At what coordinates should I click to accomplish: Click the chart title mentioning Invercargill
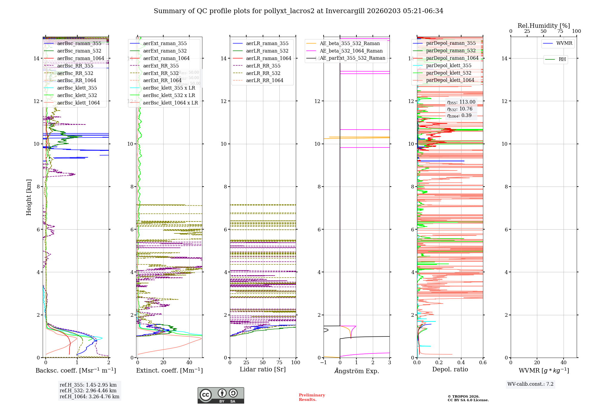click(298, 11)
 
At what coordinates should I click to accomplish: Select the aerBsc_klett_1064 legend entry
click(78, 103)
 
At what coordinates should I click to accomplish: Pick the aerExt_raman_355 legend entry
click(165, 44)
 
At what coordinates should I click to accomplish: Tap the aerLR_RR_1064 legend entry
click(264, 81)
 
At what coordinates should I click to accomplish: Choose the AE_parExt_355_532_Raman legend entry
click(352, 58)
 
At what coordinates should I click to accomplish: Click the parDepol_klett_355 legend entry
click(449, 66)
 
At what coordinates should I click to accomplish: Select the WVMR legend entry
click(564, 43)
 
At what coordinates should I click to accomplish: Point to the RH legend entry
click(562, 59)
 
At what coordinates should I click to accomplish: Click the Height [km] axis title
click(29, 197)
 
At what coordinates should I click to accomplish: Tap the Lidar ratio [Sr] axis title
click(263, 369)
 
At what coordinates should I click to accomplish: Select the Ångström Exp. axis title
click(356, 371)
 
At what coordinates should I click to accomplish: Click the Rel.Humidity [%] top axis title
click(544, 26)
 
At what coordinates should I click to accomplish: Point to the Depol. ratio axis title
click(450, 369)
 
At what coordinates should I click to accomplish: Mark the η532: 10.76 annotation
click(460, 109)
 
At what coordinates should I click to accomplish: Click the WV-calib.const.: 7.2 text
click(530, 384)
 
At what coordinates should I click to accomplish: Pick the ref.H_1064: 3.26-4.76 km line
click(89, 397)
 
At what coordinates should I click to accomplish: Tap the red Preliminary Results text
click(312, 397)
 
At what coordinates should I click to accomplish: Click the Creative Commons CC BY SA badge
click(221, 396)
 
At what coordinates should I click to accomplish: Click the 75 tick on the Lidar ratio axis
click(279, 363)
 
